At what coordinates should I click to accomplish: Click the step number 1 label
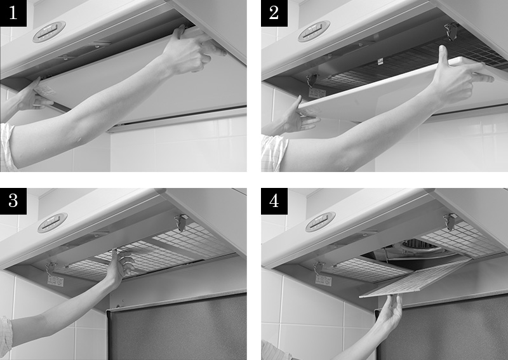[x=13, y=13]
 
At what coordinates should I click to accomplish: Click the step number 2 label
[x=274, y=13]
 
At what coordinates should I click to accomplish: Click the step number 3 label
[x=13, y=201]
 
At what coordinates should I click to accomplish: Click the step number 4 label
[x=274, y=201]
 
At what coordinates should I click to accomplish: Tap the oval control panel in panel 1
[x=50, y=32]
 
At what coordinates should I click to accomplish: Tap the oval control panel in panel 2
[x=314, y=31]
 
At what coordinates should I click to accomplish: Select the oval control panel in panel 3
[x=53, y=223]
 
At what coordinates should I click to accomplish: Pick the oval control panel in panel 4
[x=320, y=222]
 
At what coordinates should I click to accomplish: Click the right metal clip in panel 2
[x=451, y=31]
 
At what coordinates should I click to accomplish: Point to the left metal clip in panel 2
[x=312, y=81]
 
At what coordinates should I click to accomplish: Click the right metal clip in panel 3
[x=181, y=222]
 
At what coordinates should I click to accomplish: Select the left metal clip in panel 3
[x=50, y=269]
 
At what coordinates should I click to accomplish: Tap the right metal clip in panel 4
[x=450, y=222]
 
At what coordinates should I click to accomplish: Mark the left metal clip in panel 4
[x=319, y=268]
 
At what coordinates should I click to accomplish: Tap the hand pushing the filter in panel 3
[x=121, y=265]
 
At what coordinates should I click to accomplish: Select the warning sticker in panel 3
[x=55, y=281]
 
